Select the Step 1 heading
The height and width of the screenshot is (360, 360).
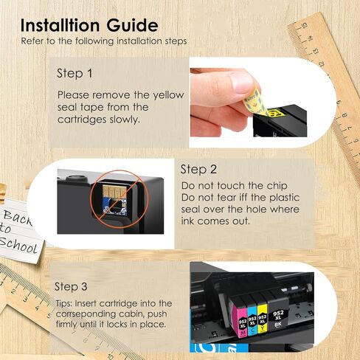pyautogui.click(x=75, y=74)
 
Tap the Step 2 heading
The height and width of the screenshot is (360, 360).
pyautogui.click(x=198, y=169)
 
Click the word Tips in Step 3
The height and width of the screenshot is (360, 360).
pyautogui.click(x=65, y=303)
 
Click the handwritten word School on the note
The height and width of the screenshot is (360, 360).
pyautogui.click(x=20, y=244)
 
